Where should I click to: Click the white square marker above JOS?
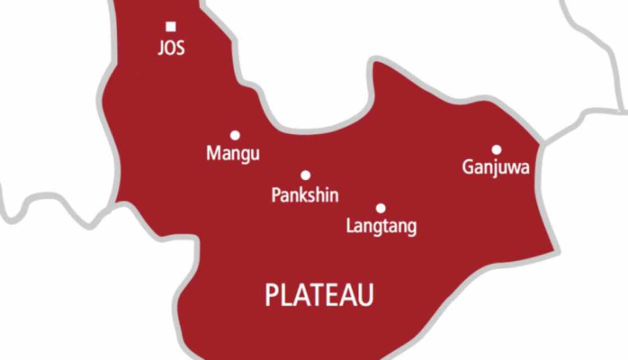(171, 26)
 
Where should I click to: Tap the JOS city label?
(171, 48)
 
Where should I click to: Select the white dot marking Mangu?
(235, 135)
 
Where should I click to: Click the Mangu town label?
(233, 154)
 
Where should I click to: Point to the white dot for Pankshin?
(306, 176)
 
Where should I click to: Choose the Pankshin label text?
(305, 195)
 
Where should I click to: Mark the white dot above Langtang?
(381, 209)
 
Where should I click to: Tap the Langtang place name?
(381, 227)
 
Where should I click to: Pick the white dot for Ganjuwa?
(496, 150)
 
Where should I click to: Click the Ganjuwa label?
(496, 168)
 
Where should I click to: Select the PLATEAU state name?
(319, 296)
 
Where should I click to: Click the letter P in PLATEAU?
(271, 296)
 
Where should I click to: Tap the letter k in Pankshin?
(306, 195)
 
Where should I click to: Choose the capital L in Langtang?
(350, 226)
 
